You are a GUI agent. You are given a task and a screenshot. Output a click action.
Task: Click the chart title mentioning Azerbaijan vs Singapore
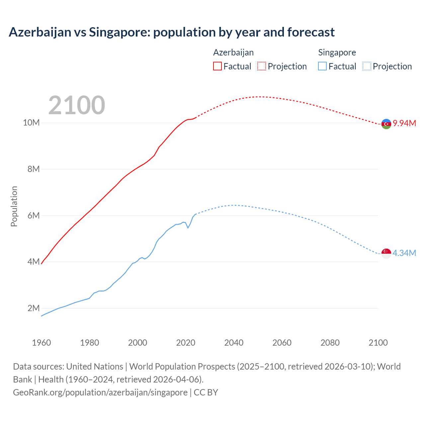pos(172,32)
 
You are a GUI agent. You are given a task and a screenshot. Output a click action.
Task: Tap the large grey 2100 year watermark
pos(77,105)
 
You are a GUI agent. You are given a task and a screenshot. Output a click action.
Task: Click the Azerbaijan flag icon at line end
pos(386,124)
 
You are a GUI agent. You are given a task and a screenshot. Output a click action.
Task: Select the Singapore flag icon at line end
pos(386,253)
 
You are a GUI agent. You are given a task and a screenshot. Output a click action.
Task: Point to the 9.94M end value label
pos(404,124)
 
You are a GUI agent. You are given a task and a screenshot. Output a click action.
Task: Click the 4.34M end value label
pos(404,253)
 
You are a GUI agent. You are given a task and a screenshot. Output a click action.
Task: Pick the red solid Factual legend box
pos(217,66)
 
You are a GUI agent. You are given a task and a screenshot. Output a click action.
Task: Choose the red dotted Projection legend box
pos(262,66)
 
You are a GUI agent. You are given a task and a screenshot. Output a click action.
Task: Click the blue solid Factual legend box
pos(322,66)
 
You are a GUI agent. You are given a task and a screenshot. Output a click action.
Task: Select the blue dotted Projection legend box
pos(367,66)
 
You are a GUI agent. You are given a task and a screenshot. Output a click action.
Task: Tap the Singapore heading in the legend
pos(337,52)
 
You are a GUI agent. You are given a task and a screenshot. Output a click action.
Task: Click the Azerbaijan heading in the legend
pos(233,52)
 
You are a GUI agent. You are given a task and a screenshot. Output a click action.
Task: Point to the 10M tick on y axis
pos(31,123)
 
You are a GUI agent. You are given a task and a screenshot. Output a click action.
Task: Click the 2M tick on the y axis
pos(34,308)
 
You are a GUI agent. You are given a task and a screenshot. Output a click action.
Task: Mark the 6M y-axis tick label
pos(34,215)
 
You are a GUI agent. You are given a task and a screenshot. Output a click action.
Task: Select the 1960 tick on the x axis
pos(42,343)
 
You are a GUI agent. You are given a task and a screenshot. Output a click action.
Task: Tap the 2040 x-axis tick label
pos(234,343)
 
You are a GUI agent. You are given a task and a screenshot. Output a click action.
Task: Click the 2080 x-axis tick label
pos(330,343)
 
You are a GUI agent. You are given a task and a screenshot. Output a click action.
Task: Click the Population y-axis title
pos(14,206)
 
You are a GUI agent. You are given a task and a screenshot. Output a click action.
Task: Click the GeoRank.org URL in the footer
pos(100,392)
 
